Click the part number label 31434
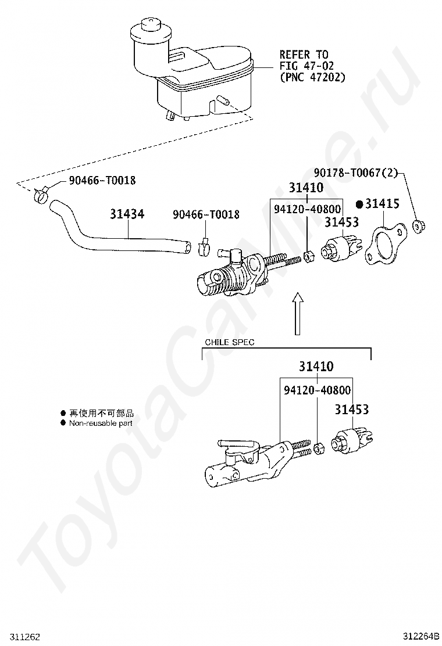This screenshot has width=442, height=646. (x=127, y=214)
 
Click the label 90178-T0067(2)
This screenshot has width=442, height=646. (x=356, y=173)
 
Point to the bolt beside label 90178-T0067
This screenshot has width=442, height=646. (x=419, y=226)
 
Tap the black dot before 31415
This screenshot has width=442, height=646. (x=359, y=203)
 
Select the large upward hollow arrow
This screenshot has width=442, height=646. (x=297, y=313)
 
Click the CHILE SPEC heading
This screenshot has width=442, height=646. (x=230, y=342)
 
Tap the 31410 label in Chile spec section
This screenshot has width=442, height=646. (x=316, y=366)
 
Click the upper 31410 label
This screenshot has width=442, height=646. (x=306, y=188)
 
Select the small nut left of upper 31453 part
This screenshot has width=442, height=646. (x=308, y=257)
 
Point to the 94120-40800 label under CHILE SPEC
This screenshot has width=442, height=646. (x=317, y=390)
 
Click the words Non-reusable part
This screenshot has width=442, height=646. (x=101, y=423)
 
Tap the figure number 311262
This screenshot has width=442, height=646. (x=20, y=637)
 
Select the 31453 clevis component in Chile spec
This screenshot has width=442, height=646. (x=352, y=440)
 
